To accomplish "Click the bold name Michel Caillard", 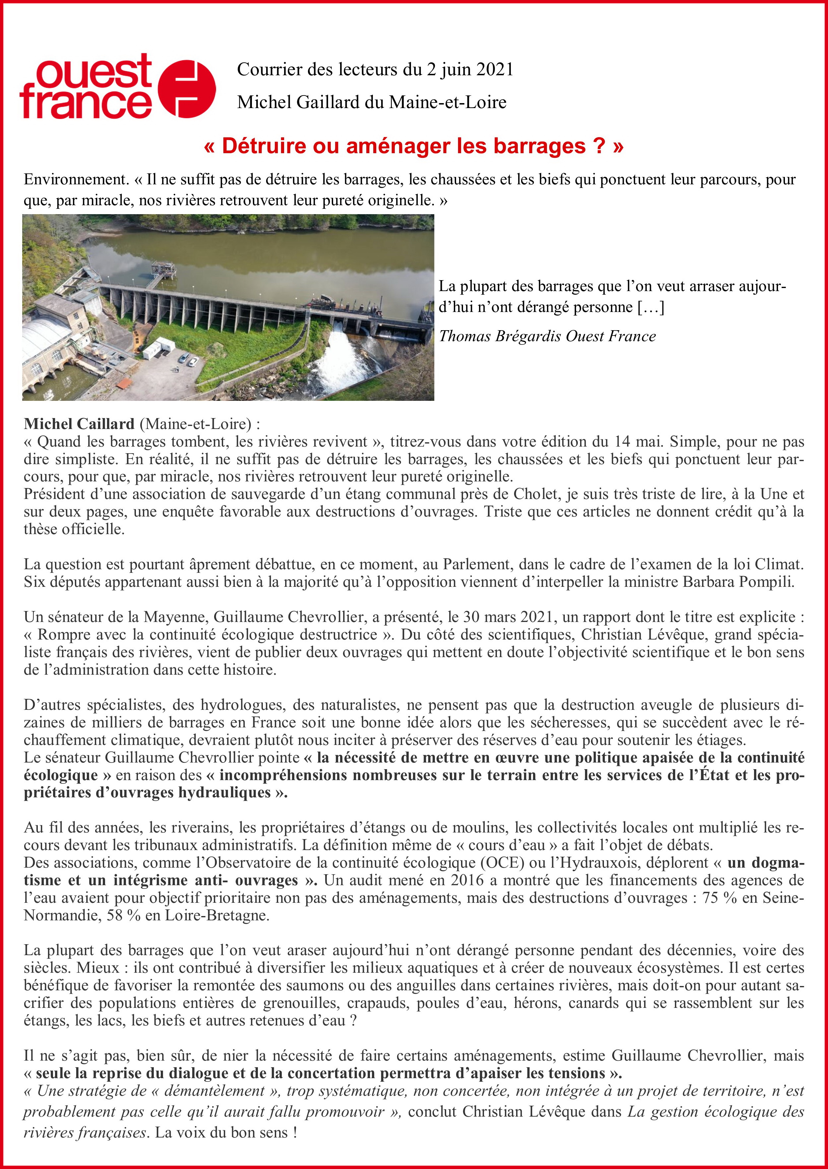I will [79, 424].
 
